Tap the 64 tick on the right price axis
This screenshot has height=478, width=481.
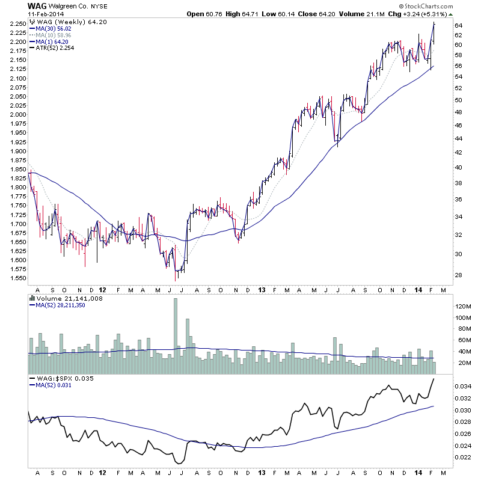(458, 25)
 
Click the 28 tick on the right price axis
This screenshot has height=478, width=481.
(458, 275)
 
